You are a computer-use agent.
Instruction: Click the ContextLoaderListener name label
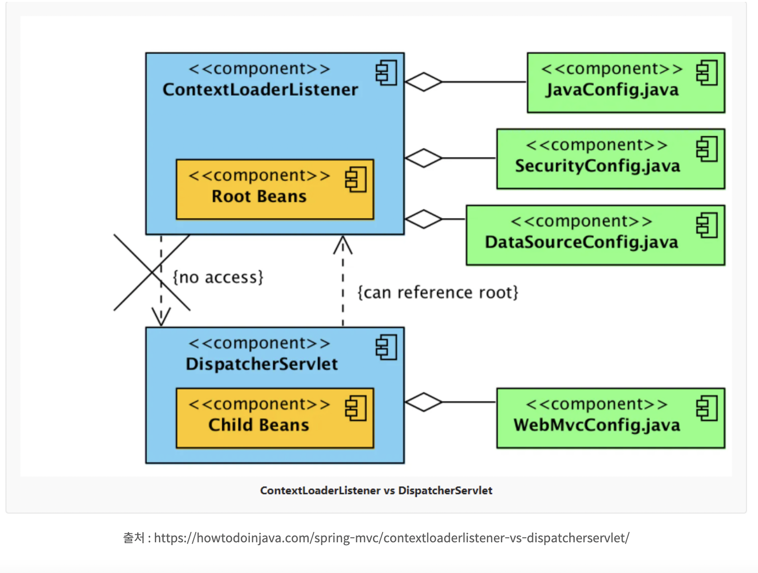(x=260, y=89)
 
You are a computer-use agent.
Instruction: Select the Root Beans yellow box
(x=275, y=189)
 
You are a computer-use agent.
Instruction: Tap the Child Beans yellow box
(x=275, y=418)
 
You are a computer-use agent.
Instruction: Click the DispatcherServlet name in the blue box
(x=261, y=364)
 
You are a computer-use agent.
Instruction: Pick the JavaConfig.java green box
(x=625, y=83)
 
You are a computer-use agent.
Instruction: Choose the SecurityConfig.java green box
(x=610, y=159)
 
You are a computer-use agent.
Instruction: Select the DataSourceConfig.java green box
(x=595, y=235)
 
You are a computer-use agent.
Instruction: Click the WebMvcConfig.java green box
(x=610, y=418)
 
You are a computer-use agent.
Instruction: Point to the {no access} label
(x=218, y=277)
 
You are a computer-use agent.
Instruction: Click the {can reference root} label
(x=437, y=293)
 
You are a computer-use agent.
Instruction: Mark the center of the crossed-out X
(x=152, y=273)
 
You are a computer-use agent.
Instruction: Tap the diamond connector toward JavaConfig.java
(x=423, y=82)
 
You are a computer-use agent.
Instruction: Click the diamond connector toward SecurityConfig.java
(x=423, y=158)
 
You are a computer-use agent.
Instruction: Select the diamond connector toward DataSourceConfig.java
(x=423, y=219)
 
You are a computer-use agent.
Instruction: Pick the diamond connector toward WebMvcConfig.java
(x=423, y=402)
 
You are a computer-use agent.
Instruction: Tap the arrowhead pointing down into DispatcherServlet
(x=161, y=318)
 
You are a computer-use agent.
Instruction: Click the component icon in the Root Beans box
(x=356, y=180)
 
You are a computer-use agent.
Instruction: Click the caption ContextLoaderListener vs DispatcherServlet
(x=376, y=490)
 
